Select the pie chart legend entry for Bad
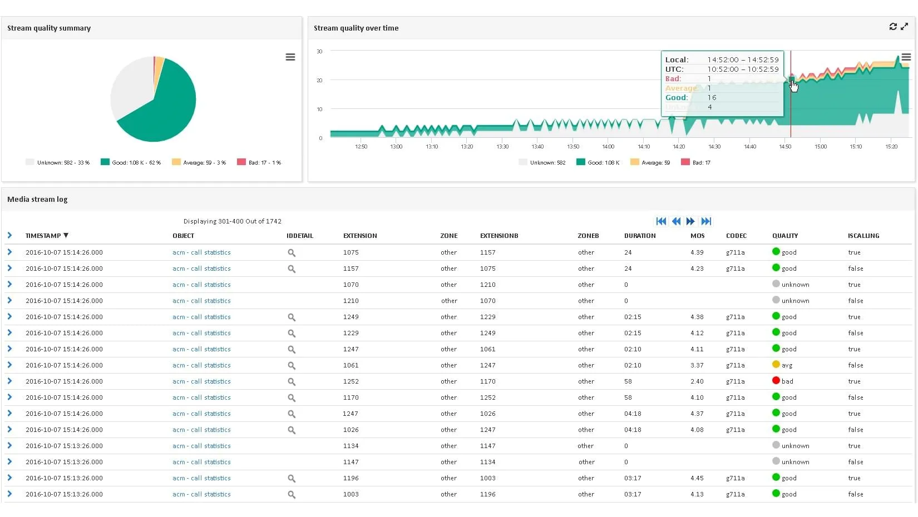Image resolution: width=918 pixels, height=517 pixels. [x=259, y=162]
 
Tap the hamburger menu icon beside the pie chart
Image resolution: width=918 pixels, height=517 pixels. [x=290, y=57]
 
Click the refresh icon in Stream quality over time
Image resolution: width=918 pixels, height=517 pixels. [x=893, y=27]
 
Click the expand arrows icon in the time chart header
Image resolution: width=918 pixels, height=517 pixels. [x=905, y=27]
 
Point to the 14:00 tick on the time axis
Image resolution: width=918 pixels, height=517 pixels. [x=608, y=147]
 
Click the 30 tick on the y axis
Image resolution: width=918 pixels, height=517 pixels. [x=319, y=51]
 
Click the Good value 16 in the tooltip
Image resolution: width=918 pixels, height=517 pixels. [x=712, y=97]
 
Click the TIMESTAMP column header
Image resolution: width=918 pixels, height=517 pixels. [x=43, y=236]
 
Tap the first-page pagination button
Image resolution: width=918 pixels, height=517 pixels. [x=661, y=221]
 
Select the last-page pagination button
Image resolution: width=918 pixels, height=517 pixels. [x=706, y=221]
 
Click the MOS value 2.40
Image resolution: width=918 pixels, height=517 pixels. [x=697, y=381]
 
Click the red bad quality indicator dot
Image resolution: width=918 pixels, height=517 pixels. [x=776, y=381]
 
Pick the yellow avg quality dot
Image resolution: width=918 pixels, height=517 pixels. [x=776, y=365]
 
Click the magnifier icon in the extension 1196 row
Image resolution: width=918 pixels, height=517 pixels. [x=292, y=479]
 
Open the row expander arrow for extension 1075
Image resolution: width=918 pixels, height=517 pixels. [x=9, y=252]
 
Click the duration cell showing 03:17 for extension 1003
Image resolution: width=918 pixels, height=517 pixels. [x=633, y=494]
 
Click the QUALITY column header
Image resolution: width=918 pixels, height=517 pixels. [x=784, y=236]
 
